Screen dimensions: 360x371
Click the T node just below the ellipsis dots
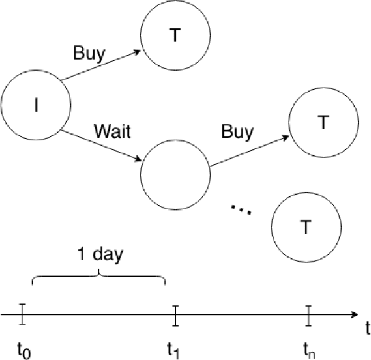click(x=305, y=227)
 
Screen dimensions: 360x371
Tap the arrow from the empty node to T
click(x=249, y=151)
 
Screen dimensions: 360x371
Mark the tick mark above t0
click(x=22, y=314)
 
